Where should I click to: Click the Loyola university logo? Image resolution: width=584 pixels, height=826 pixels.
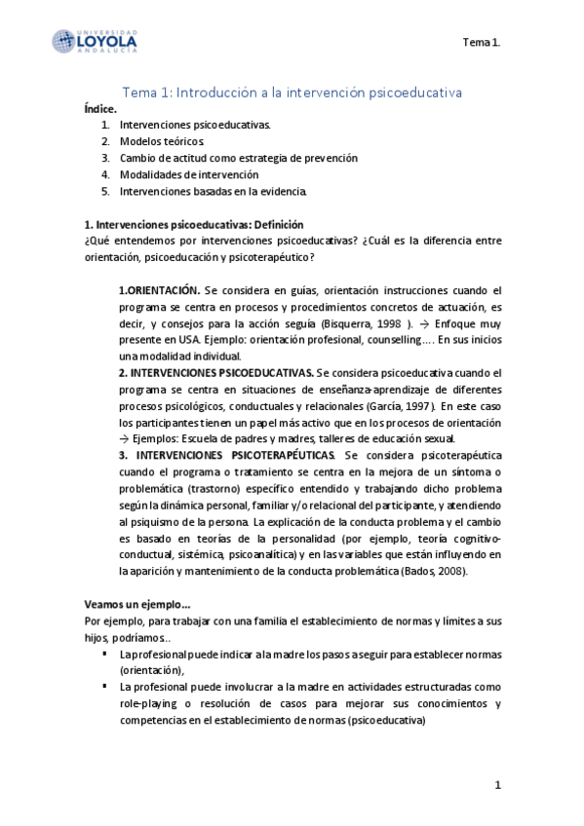tap(95, 42)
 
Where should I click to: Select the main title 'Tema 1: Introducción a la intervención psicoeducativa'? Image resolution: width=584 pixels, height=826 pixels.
tap(292, 92)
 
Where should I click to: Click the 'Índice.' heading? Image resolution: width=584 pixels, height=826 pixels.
tap(101, 109)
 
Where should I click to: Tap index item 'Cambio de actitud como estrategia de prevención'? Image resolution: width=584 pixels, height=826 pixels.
tap(239, 158)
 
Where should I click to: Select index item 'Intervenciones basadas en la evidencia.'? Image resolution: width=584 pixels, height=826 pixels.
tap(214, 190)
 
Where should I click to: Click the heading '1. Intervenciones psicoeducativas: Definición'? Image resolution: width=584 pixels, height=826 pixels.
tap(194, 223)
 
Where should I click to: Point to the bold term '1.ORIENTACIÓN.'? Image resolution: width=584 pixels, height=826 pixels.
tap(160, 290)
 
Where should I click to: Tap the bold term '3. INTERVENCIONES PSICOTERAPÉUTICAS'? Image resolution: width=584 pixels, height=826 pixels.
tap(226, 455)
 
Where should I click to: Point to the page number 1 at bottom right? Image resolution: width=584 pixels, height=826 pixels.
tap(496, 785)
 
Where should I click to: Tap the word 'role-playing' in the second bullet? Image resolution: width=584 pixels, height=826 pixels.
tap(148, 703)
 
